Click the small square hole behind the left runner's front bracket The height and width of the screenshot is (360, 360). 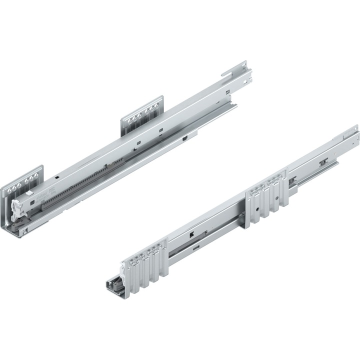coord(58,176)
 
